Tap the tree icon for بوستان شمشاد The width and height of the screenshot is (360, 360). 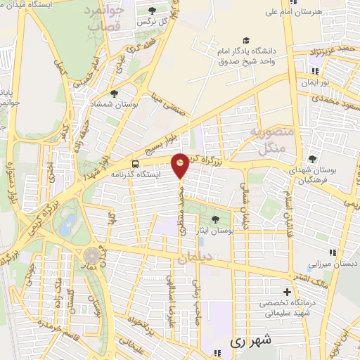[x=114, y=93]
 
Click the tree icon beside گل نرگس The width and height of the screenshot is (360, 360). [x=153, y=10]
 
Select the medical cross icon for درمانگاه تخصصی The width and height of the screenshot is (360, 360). [x=287, y=292]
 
